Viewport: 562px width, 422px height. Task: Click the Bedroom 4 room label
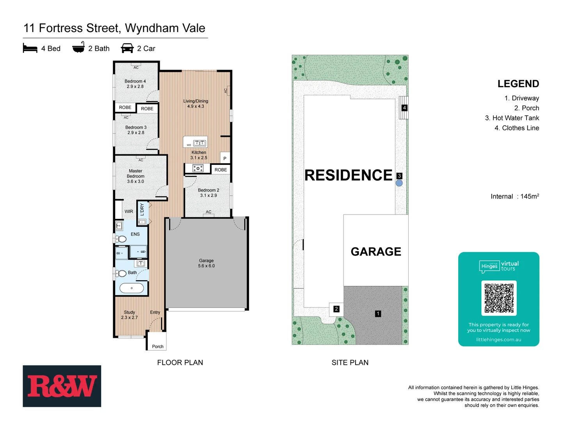[x=135, y=84]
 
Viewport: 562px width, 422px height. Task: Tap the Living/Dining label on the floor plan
[x=196, y=104]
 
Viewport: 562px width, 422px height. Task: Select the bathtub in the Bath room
[x=132, y=288]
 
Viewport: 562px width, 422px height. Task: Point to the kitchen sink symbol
[x=199, y=143]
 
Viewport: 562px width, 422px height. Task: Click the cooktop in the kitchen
[x=198, y=168]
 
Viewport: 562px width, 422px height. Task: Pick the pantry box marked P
[x=225, y=158]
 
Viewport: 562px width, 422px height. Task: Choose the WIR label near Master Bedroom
[x=129, y=211]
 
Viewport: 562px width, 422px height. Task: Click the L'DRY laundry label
[x=142, y=209]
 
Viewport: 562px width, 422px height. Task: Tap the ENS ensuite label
[x=135, y=234]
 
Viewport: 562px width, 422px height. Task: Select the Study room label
[x=129, y=315]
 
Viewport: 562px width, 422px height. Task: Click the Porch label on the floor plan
[x=158, y=346]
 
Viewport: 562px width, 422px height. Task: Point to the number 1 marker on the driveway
[x=378, y=313]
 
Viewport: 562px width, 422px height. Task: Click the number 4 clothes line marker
[x=404, y=107]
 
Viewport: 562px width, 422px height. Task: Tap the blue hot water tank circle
[x=399, y=183]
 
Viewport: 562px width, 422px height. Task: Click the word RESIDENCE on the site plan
[x=348, y=175]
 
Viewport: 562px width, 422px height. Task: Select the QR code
[x=499, y=298]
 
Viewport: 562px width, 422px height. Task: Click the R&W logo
[x=62, y=386]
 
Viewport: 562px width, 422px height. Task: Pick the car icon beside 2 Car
[x=127, y=48]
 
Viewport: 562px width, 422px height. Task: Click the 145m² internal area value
[x=530, y=196]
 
